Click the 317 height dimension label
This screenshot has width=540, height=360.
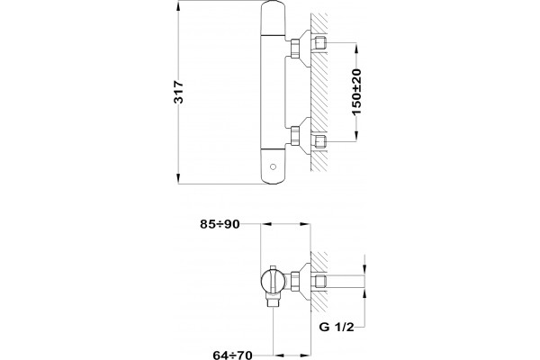179,92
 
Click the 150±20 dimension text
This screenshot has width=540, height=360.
356,92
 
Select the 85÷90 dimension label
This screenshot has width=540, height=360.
220,224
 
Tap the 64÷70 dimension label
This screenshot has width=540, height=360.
233,355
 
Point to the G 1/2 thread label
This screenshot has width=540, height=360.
337,327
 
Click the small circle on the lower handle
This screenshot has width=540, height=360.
273,167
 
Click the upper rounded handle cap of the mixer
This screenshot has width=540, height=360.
273,18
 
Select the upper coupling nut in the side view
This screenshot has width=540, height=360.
295,48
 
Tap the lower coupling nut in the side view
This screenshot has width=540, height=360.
295,135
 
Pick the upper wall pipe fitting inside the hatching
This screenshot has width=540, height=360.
320,43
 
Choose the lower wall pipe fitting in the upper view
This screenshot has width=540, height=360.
320,141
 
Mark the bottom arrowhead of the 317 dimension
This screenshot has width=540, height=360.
178,179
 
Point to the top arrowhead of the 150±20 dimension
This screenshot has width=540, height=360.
356,48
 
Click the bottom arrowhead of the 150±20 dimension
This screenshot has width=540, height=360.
356,137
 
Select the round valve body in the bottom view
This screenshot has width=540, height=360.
272,281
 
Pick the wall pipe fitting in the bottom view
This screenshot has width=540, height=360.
320,282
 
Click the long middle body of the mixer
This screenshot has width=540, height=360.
273,93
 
